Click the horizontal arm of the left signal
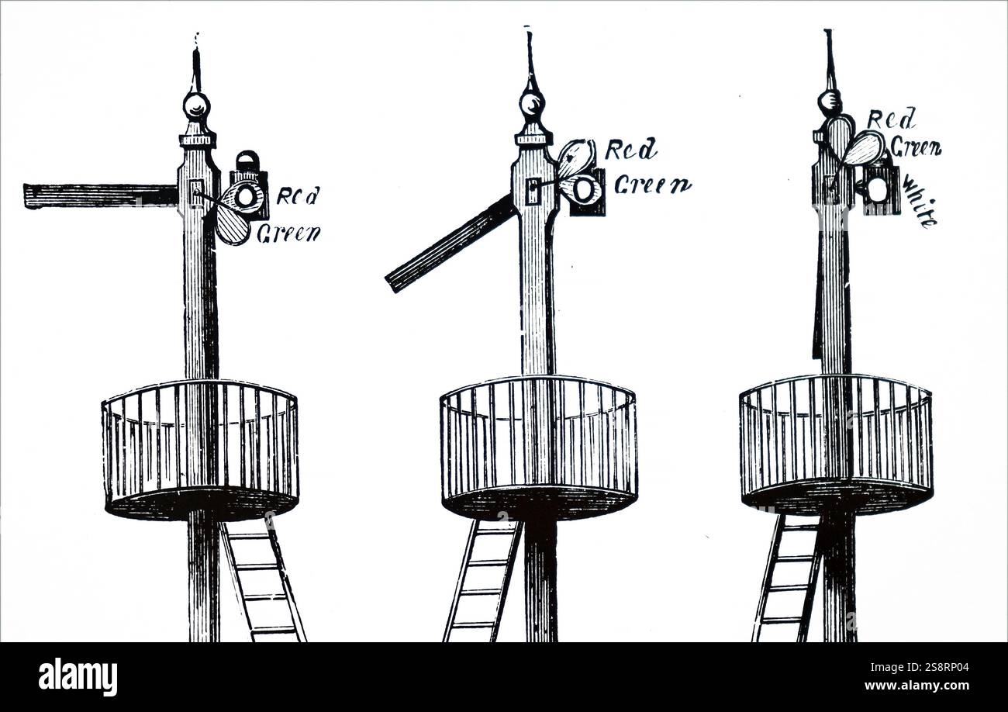tap(101, 195)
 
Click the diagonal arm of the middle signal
tap(450, 244)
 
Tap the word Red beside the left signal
tap(298, 195)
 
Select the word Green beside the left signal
tap(288, 233)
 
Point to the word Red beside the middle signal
tap(630, 149)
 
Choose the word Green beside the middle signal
tap(652, 185)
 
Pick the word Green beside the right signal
tap(915, 146)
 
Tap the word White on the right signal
tap(920, 202)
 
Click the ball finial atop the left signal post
tap(196, 104)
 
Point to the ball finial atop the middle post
tap(532, 103)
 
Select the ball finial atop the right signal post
tap(830, 100)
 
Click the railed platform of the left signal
tap(200, 450)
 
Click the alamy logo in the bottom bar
tap(78, 677)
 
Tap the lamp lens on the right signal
tap(877, 189)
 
